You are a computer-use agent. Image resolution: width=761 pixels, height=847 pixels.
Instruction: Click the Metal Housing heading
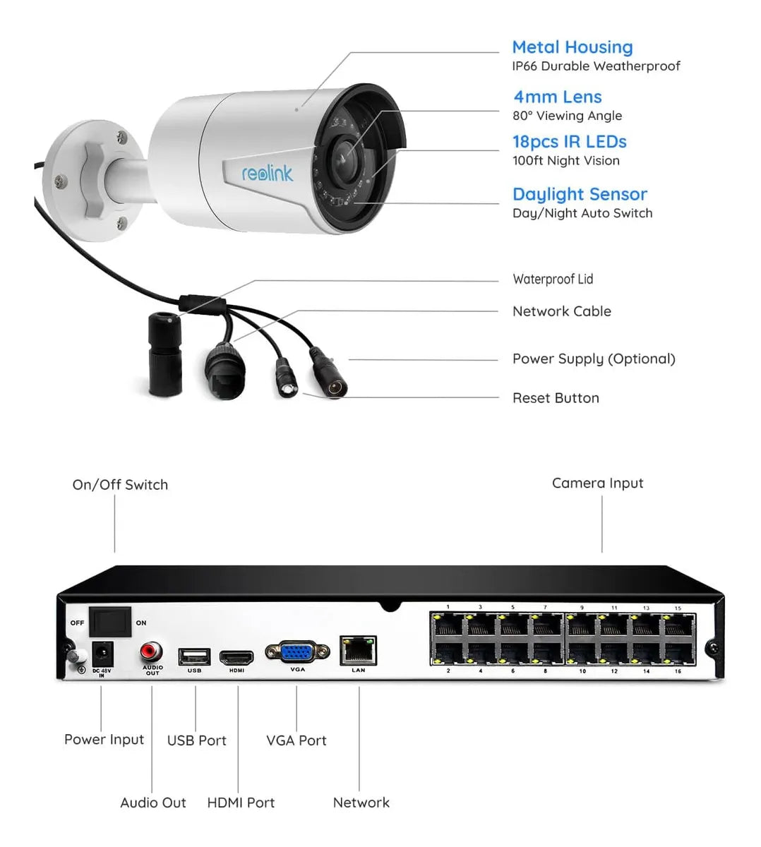point(572,47)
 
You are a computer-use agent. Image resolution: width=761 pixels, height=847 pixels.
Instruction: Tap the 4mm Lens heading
point(557,97)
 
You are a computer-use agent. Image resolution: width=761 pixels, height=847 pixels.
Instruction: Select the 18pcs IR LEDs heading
point(569,142)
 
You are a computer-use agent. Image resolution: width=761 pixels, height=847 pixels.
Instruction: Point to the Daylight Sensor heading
point(579,194)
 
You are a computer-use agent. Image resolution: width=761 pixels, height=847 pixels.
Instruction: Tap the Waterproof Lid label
point(553,279)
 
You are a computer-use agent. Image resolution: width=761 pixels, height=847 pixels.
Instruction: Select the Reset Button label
point(556,398)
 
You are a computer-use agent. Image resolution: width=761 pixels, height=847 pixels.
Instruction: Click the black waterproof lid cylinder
point(164,353)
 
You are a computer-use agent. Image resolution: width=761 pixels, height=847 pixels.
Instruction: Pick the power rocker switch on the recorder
point(109,621)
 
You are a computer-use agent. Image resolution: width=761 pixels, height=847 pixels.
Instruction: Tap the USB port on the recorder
point(194,656)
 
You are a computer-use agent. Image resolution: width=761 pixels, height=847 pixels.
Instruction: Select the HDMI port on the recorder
point(236,658)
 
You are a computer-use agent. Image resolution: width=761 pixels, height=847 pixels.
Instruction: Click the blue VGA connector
point(297,651)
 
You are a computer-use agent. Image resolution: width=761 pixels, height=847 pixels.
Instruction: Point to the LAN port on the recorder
point(358,650)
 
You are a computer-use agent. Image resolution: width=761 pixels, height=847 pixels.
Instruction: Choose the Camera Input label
point(597,483)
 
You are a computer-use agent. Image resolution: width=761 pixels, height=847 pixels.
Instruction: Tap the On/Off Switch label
point(120,485)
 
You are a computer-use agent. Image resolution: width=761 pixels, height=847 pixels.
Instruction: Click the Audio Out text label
point(153,803)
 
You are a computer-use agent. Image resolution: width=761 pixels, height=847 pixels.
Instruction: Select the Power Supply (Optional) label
point(593,359)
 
